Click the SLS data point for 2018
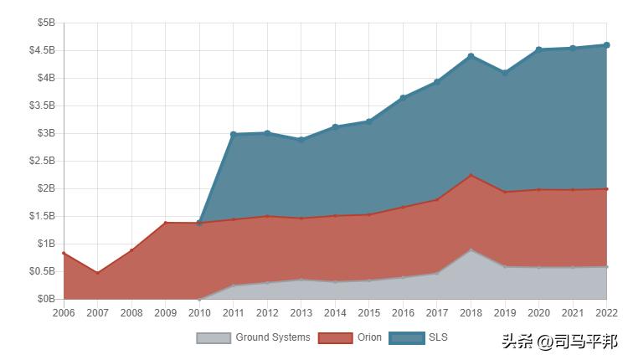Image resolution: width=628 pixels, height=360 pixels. [471, 56]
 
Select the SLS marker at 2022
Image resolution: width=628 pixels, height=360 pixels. [606, 45]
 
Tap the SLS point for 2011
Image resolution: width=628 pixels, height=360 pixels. [233, 134]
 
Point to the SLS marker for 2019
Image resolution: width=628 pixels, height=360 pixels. [505, 73]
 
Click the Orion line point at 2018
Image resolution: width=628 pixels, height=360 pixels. [471, 175]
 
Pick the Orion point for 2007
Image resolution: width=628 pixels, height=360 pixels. [97, 273]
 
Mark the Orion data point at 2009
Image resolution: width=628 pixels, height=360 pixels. [165, 223]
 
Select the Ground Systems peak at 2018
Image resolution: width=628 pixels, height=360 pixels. [471, 249]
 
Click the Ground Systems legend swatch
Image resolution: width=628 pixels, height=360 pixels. [213, 338]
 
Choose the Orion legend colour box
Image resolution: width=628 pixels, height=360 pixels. [335, 338]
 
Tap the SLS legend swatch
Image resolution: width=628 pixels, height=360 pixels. [406, 338]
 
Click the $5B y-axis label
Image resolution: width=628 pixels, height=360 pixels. [47, 23]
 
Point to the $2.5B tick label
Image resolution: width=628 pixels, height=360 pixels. [42, 161]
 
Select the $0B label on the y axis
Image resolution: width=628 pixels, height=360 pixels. [47, 299]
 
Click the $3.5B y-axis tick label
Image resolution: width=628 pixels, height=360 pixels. [42, 105]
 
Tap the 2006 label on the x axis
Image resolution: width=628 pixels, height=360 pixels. [64, 313]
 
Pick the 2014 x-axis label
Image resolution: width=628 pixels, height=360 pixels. [335, 313]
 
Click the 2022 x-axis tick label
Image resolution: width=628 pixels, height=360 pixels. [605, 313]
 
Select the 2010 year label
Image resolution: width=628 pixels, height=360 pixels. [199, 313]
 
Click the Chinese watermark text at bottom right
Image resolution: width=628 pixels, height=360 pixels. [559, 342]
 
